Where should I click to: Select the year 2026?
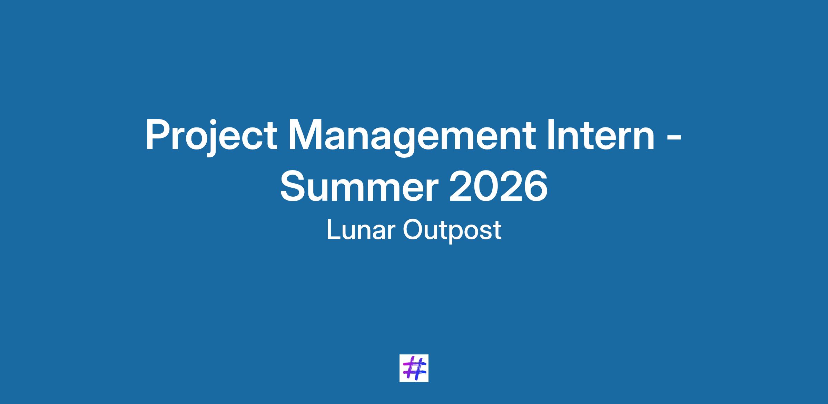499,186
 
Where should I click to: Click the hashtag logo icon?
414,368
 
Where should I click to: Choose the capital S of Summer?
294,186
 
